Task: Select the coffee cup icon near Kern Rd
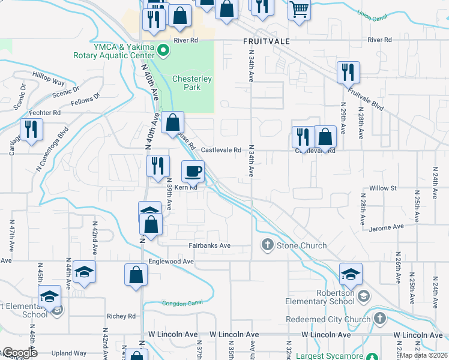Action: [x=193, y=172]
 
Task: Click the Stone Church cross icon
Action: [x=267, y=245]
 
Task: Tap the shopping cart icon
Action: [x=299, y=9]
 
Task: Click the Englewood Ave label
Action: [x=171, y=262]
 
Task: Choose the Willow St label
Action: [x=384, y=188]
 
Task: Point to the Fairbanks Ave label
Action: [x=209, y=245]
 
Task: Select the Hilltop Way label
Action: [x=49, y=79]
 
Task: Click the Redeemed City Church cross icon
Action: [x=379, y=319]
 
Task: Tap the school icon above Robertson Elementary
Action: [x=351, y=274]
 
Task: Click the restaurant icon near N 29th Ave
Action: [x=348, y=73]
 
